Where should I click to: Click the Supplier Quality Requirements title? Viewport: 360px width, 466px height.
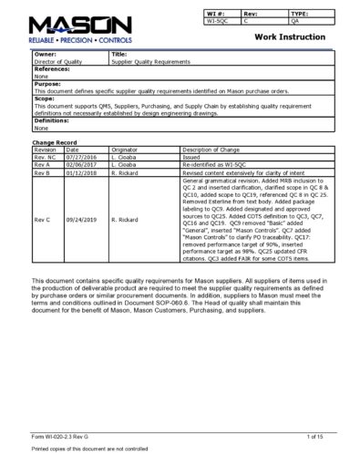pyautogui.click(x=151, y=60)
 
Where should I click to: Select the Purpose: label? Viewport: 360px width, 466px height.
pyautogui.click(x=48, y=85)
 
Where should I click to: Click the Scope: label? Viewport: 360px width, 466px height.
pyautogui.click(x=45, y=100)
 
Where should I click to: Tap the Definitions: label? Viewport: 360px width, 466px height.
pyautogui.click(x=51, y=121)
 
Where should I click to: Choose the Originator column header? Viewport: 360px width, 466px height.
pyautogui.click(x=125, y=150)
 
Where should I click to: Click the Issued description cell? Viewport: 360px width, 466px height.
pyautogui.click(x=193, y=157)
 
